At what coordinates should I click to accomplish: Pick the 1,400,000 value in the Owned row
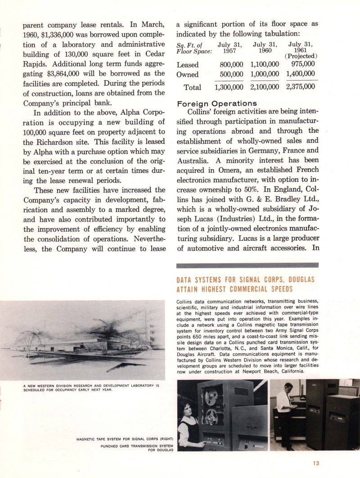[300, 75]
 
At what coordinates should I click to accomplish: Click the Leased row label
[188, 65]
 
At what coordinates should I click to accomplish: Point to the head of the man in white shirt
[288, 387]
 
